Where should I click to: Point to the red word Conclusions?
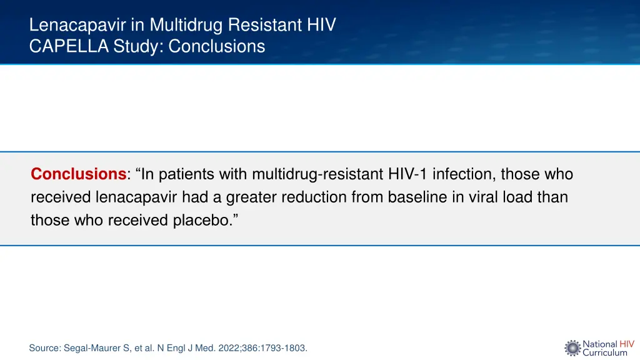tap(79, 174)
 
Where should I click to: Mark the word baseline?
tap(416, 197)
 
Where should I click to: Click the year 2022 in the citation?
tap(231, 348)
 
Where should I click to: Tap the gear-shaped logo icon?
tap(572, 348)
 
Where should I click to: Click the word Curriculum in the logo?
tap(605, 352)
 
